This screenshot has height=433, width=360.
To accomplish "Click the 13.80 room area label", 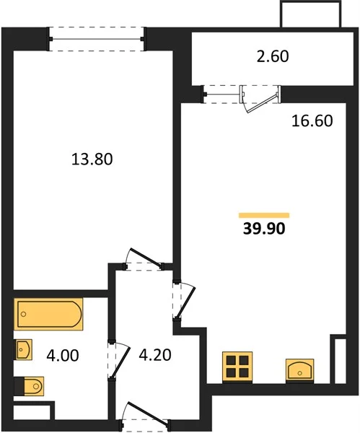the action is [x=92, y=159].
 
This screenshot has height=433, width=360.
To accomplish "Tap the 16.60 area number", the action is [x=312, y=121].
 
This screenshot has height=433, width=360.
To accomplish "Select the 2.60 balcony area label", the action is [x=273, y=56].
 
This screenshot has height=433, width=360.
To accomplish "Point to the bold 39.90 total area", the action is [x=264, y=228].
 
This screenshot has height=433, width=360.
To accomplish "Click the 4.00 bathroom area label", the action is [x=63, y=355].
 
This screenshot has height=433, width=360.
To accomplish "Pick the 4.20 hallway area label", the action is [x=155, y=355].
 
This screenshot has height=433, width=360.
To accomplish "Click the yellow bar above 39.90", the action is [x=264, y=215].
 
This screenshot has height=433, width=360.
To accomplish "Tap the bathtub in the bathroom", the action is [x=48, y=314].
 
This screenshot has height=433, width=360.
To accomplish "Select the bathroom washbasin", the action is [x=23, y=349].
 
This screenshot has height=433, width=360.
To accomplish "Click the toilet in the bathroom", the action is [x=29, y=386].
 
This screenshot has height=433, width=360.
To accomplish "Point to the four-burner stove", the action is [x=237, y=367].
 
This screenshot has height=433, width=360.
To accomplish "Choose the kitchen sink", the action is [x=300, y=370].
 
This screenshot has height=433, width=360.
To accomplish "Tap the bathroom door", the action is [x=119, y=362].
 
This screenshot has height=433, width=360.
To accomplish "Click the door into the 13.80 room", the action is [x=144, y=259].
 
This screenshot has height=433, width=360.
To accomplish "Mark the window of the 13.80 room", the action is [x=97, y=39].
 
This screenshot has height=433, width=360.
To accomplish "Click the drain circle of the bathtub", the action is [x=24, y=314].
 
